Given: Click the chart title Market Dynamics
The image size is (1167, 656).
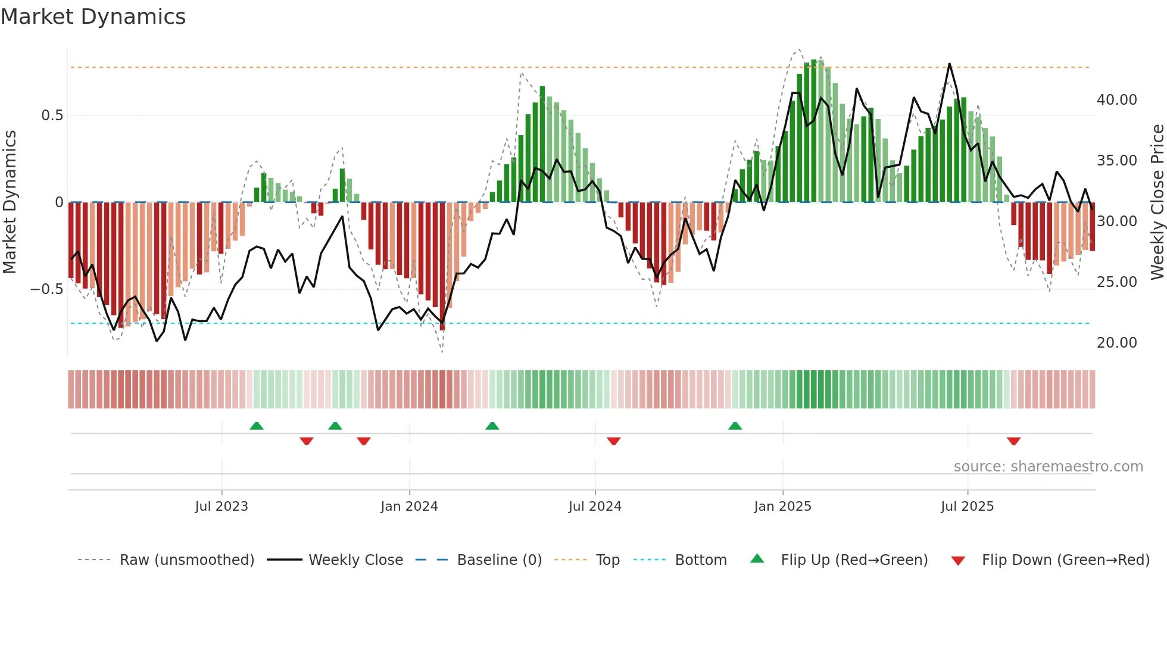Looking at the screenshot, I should click(x=93, y=17).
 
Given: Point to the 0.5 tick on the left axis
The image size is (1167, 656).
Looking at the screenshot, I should click(x=52, y=115).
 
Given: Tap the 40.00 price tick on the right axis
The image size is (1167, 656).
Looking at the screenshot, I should click(x=1116, y=100).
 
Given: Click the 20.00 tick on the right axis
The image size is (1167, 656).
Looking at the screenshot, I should click(x=1116, y=343).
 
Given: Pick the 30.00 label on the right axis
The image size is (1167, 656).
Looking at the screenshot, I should click(x=1116, y=221).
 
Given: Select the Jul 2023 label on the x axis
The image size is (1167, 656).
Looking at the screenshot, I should click(x=221, y=507).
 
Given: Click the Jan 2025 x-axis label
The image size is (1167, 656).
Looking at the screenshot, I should click(x=782, y=507).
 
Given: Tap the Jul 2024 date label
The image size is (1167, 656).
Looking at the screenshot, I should click(x=595, y=507).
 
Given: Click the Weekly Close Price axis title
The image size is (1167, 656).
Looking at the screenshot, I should click(x=1157, y=202).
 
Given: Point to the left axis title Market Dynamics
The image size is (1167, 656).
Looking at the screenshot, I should click(x=10, y=202).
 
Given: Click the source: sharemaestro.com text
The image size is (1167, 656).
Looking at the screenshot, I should click(x=1048, y=467).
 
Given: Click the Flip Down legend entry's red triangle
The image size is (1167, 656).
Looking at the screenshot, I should click(x=958, y=561).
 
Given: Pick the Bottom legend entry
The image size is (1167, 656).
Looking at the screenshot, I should click(x=700, y=560).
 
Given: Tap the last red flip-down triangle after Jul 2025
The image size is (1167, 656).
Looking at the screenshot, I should click(x=1014, y=441).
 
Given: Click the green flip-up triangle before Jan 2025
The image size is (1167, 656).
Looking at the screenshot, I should click(x=735, y=426).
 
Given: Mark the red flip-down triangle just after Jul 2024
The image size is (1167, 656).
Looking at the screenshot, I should click(x=614, y=441).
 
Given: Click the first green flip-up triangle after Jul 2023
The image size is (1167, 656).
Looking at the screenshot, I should click(x=257, y=426).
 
